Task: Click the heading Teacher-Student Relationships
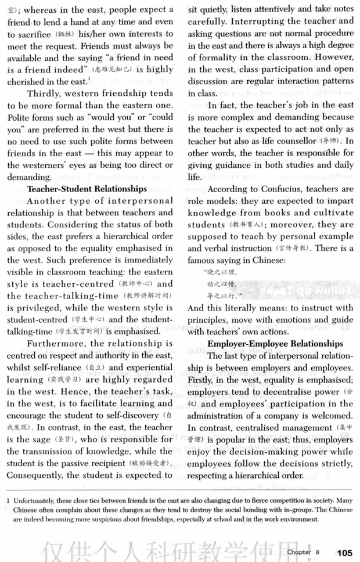click(87, 189)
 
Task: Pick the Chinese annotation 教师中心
click(135, 284)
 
